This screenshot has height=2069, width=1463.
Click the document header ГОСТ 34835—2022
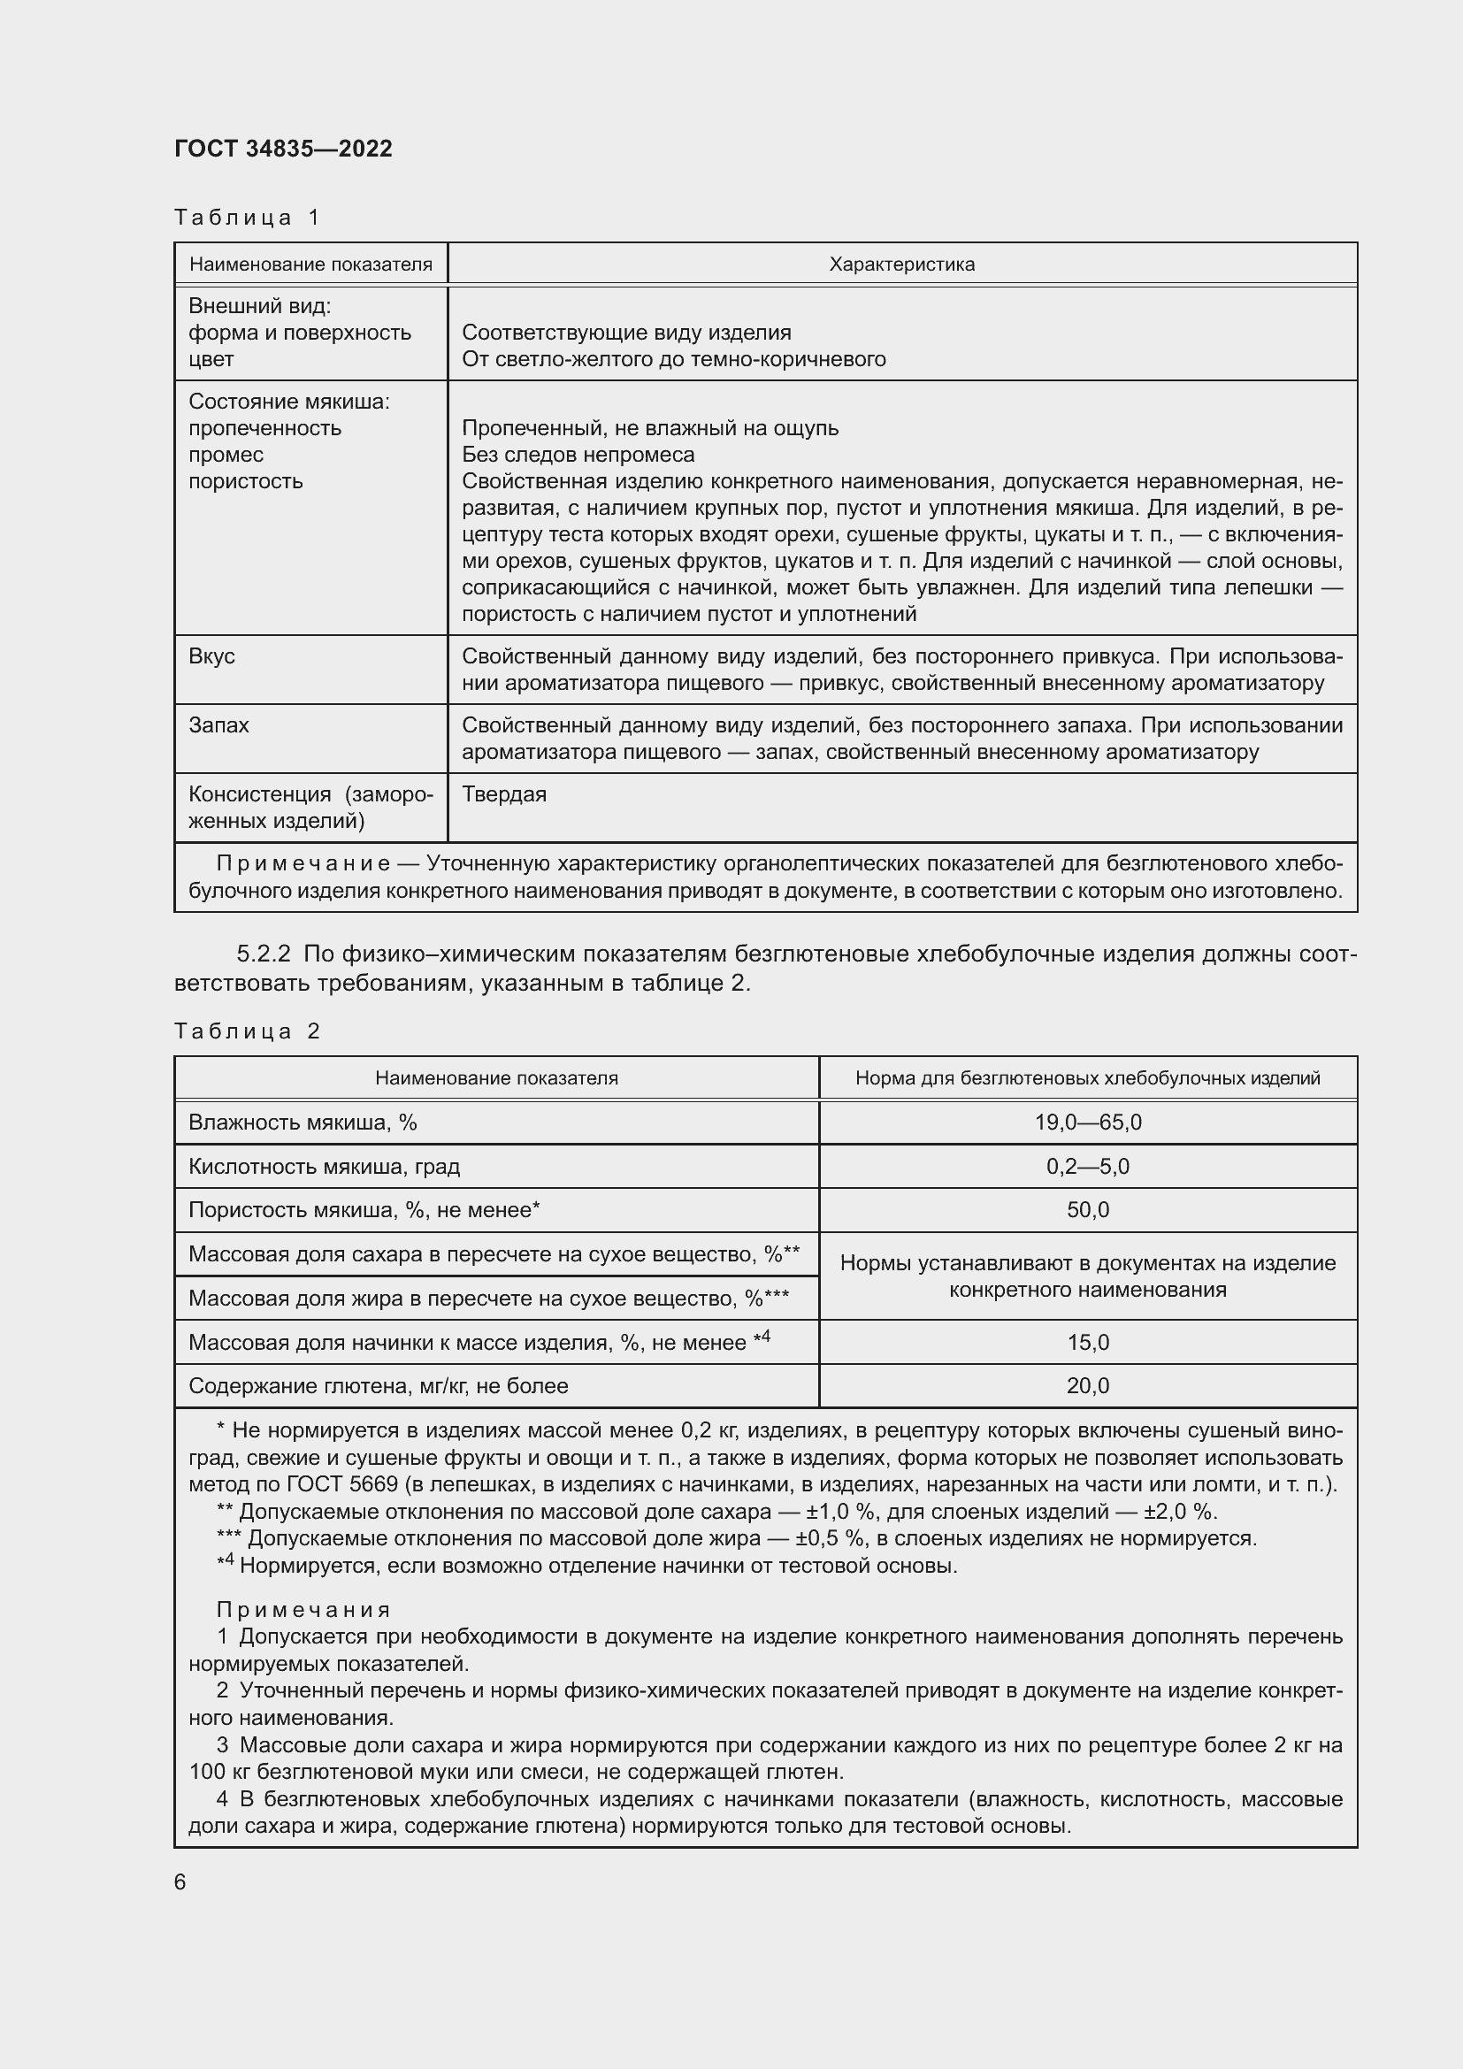tap(283, 149)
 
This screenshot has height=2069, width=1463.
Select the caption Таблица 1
tap(247, 218)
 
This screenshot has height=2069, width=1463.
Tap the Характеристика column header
tap(900, 264)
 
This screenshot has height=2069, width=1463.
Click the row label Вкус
tap(211, 656)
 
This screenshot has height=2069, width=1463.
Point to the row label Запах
tap(218, 725)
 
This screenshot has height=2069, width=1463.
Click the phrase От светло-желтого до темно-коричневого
tap(673, 359)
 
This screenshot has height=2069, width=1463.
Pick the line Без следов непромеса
tap(578, 454)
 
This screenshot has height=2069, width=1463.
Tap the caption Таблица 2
tap(247, 1031)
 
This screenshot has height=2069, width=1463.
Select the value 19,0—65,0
tap(1087, 1122)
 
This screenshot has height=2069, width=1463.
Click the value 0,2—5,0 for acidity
tap(1087, 1166)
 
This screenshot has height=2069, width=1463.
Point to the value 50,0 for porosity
tap(1087, 1210)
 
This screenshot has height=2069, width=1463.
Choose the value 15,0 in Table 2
tap(1087, 1343)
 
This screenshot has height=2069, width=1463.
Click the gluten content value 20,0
tap(1087, 1386)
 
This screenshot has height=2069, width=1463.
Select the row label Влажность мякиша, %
tap(302, 1122)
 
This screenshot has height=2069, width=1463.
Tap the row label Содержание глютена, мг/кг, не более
tap(378, 1386)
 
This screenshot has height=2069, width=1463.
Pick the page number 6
tap(180, 1882)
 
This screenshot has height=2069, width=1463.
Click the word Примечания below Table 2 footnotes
tap(303, 1609)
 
